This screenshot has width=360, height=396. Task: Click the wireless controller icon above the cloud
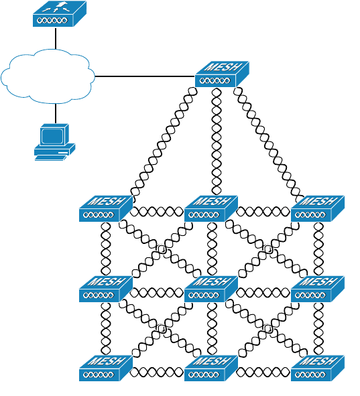coord(60,13)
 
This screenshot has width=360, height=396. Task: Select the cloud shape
coord(48,76)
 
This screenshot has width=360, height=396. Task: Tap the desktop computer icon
coord(54,142)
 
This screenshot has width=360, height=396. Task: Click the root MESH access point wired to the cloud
coord(222,74)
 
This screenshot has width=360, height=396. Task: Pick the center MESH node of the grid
coord(211,289)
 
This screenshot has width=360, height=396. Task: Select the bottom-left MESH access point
coord(106,369)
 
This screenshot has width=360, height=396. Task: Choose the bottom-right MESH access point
coord(318,369)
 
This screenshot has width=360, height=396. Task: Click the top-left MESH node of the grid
coord(106,208)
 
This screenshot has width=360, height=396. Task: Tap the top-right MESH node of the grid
coord(318,208)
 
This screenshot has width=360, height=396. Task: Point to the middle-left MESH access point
coord(106,289)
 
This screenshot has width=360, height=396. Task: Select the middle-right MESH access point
coord(318,289)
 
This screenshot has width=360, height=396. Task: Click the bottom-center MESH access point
coord(211,369)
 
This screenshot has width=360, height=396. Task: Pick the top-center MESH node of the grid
coord(211,208)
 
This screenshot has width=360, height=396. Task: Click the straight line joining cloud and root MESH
coord(145,76)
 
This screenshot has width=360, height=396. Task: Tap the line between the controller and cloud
coord(56,38)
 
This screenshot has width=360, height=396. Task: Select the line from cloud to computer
coord(56,113)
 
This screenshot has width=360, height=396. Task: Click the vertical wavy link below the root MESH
coord(217,141)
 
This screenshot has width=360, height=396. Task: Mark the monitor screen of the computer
coord(52,136)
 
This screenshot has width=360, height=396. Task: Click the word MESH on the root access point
coord(223,67)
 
